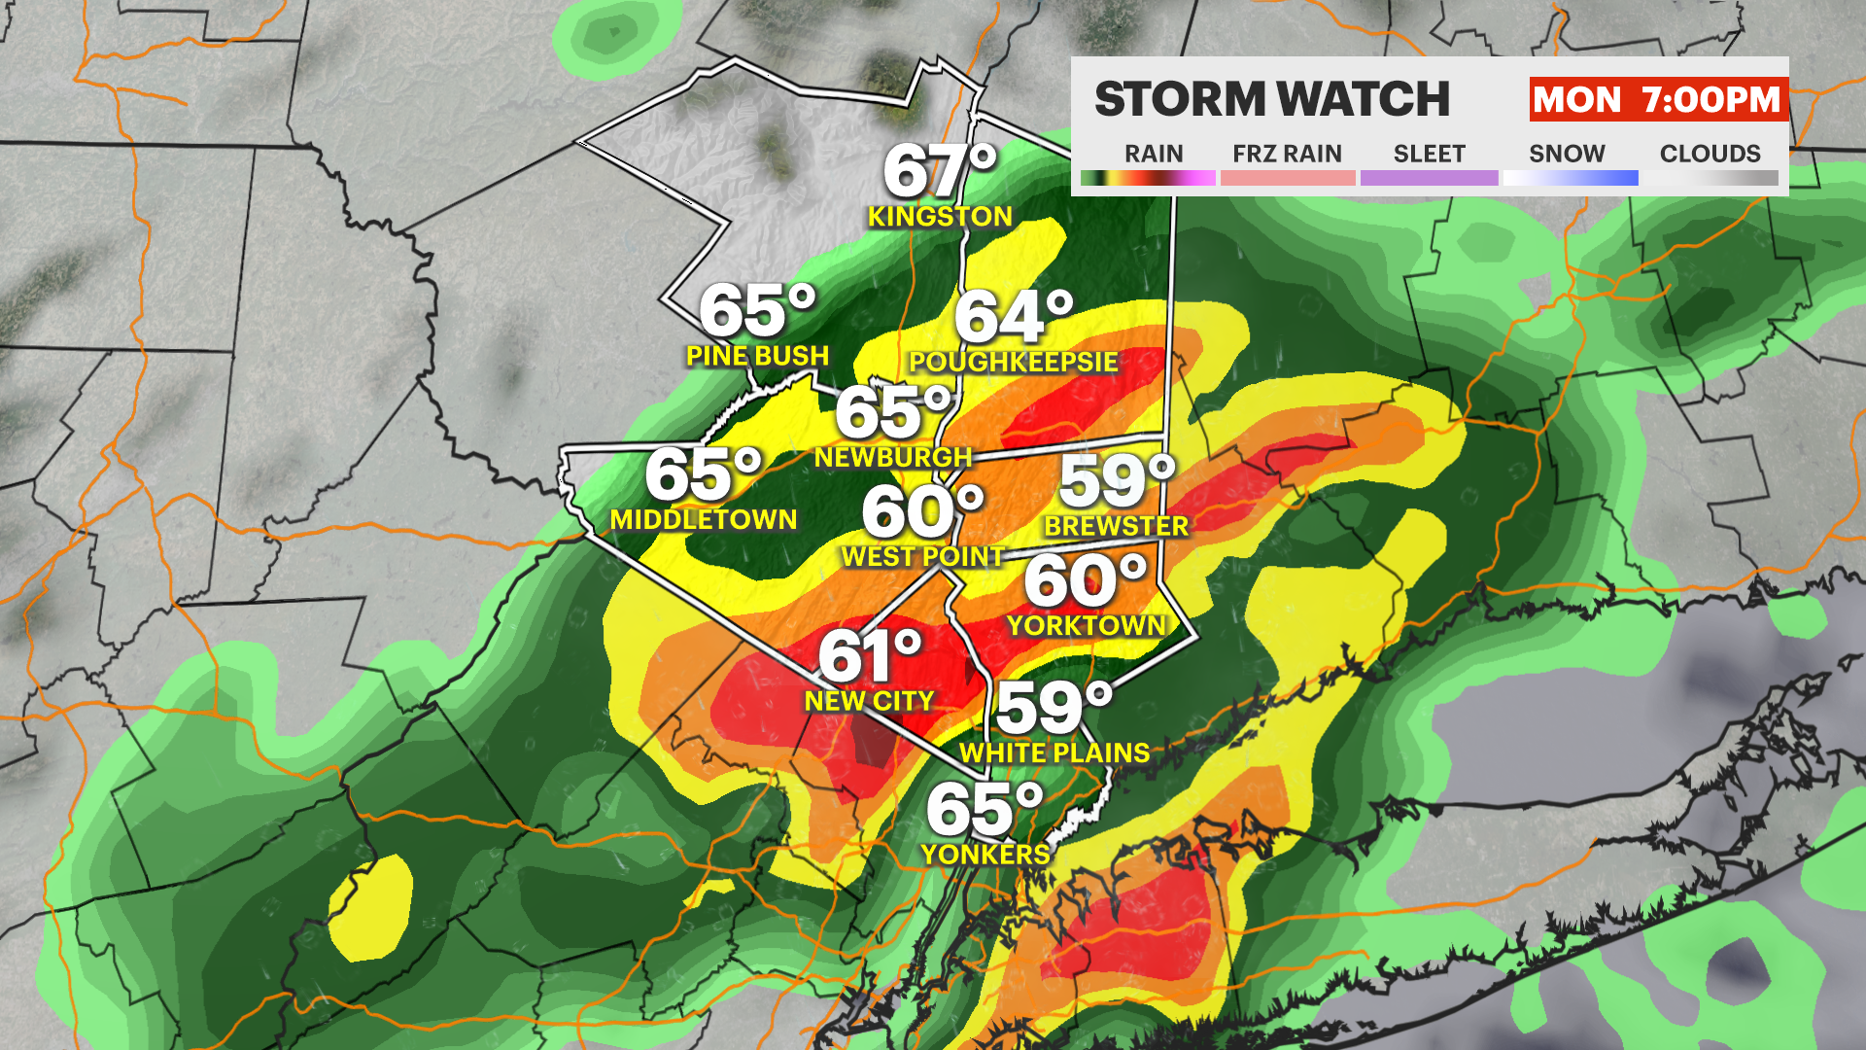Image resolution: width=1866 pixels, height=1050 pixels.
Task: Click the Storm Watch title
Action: pos(1271,99)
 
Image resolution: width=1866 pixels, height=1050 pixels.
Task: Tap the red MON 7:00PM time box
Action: pos(1657,99)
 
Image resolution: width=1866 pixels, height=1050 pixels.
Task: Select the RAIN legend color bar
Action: pos(1148,178)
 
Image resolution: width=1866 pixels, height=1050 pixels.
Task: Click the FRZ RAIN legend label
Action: pos(1287,154)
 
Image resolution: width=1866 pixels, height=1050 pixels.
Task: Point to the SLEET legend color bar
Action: pos(1429,178)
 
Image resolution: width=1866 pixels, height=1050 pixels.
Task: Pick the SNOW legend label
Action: pos(1567,154)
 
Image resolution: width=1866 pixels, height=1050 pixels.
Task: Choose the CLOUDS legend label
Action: pos(1710,154)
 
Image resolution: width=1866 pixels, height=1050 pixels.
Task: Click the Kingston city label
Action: pos(940,217)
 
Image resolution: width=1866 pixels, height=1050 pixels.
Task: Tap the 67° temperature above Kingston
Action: pos(940,171)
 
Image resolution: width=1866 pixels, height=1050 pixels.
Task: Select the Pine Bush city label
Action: pos(757,357)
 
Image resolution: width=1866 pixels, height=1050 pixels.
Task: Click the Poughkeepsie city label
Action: pos(1013,363)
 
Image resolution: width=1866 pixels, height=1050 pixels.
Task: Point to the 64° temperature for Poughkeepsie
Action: pos(1014,317)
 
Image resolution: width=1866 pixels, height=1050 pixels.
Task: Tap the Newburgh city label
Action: pos(893,457)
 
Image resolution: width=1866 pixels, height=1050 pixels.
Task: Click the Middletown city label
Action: pos(704,520)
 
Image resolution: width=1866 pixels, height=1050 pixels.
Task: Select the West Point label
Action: pos(922,557)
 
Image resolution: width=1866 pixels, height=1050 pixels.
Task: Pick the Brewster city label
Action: pos(1116,527)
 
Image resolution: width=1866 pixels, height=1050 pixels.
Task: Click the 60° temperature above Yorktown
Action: pos(1086,580)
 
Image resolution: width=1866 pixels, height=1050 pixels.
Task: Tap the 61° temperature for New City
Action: pos(870,656)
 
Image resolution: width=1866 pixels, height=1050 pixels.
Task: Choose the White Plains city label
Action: pos(1054,753)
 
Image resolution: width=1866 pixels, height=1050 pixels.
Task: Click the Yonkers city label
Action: pos(985,855)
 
